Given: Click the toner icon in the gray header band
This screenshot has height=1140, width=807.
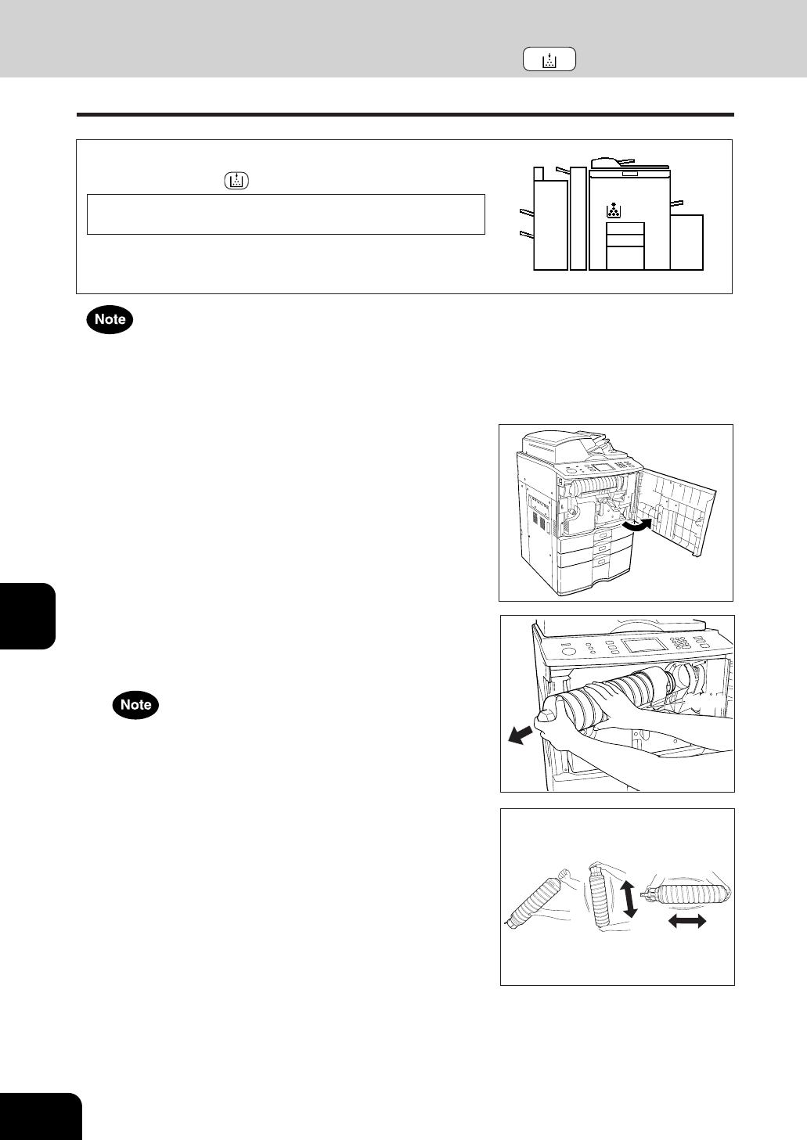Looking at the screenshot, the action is click(549, 59).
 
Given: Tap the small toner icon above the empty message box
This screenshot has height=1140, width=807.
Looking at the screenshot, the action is click(236, 181).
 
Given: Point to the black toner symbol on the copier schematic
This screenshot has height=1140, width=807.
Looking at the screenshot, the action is click(614, 210).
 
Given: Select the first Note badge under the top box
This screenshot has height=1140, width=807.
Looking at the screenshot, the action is click(110, 319).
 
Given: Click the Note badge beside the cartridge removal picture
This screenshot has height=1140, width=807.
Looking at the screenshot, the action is click(136, 705).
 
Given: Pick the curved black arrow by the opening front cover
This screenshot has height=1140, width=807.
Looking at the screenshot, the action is click(637, 527).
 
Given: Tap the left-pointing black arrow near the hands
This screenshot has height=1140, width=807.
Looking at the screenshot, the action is click(521, 735).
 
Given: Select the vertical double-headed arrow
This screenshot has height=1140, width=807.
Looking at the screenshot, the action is click(630, 899).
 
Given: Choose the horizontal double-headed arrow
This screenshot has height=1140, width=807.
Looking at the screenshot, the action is click(686, 920).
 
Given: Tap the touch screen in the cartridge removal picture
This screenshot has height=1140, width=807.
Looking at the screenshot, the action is click(644, 644).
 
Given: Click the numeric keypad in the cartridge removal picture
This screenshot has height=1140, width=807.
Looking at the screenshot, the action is click(683, 642).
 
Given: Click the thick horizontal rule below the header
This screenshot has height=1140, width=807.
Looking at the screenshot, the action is click(405, 115).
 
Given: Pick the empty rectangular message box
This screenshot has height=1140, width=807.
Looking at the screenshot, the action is click(286, 214).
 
